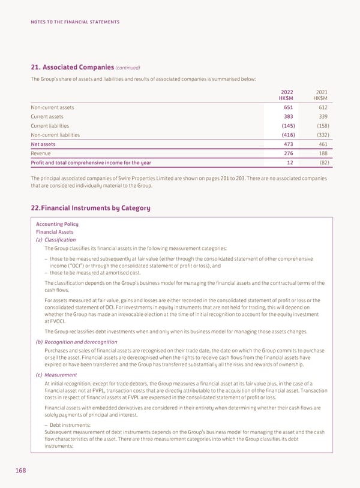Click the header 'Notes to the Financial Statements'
75,22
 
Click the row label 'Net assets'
43,144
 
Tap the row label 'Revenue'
41,153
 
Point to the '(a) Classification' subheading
56,239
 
